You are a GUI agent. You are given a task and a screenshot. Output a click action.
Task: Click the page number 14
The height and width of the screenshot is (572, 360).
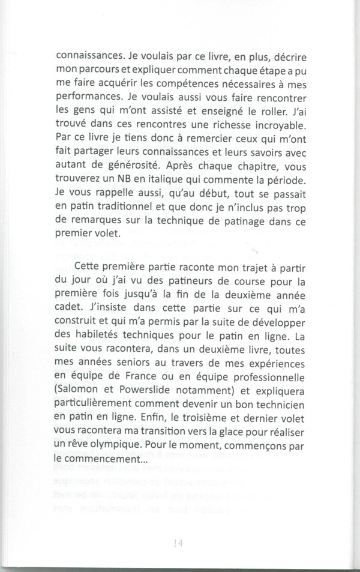click(x=177, y=543)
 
